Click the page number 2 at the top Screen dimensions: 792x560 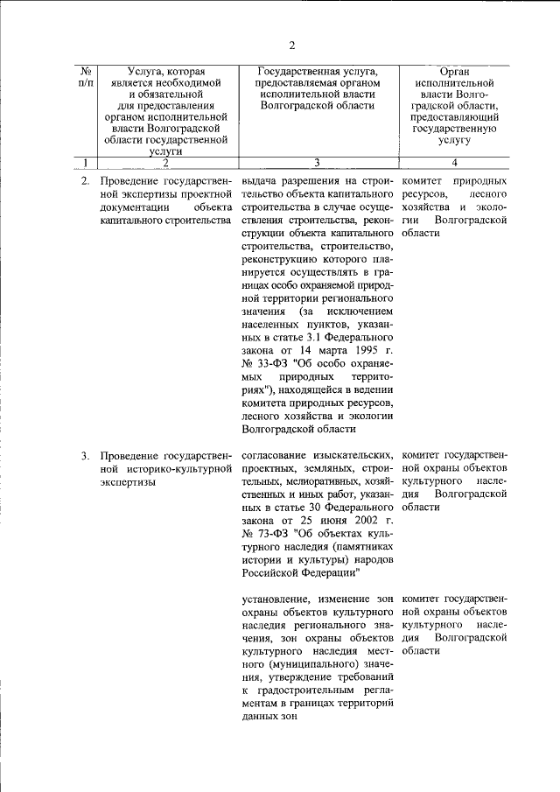pos(292,45)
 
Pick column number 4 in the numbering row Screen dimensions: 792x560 pos(454,161)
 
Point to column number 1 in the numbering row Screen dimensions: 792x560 pos(86,161)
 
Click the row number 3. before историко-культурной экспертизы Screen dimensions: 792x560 pos(86,456)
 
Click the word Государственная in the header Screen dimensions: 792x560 pos(302,69)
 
